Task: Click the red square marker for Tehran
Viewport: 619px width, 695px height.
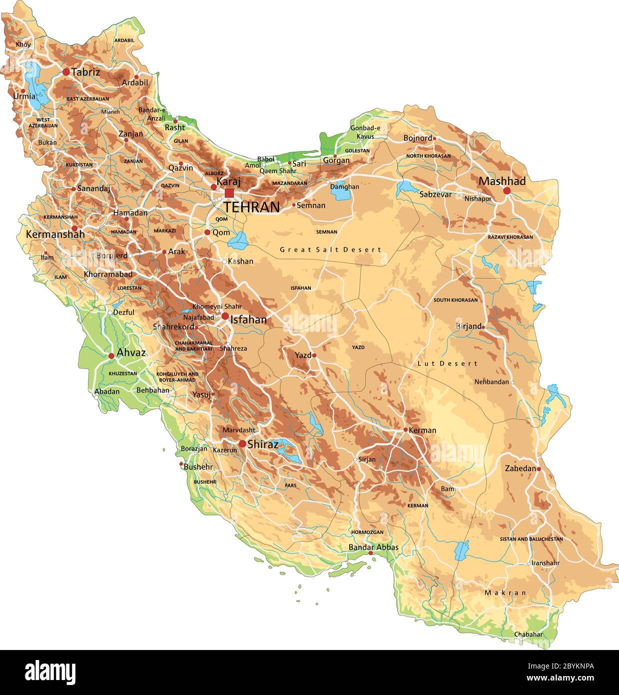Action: point(229,193)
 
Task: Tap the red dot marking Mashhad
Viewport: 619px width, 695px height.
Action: point(507,190)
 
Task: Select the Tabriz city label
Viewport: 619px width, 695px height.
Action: point(85,72)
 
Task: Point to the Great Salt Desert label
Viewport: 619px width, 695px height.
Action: point(330,249)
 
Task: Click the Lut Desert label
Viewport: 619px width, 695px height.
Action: point(447,363)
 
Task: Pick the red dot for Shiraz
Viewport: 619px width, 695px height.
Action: point(242,443)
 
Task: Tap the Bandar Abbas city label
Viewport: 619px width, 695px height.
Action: point(373,547)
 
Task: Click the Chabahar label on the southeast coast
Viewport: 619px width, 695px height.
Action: point(528,634)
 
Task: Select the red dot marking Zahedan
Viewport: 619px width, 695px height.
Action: point(539,469)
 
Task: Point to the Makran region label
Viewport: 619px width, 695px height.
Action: point(505,592)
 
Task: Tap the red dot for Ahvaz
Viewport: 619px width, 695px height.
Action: point(111,356)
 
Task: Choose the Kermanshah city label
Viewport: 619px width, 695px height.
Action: point(55,234)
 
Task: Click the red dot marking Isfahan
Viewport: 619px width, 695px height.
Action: point(225,316)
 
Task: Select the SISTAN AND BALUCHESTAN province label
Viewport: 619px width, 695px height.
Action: point(531,539)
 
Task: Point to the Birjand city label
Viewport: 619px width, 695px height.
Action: point(468,326)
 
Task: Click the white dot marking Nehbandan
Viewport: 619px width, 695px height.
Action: point(512,382)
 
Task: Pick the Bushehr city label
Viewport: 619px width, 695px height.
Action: point(198,466)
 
